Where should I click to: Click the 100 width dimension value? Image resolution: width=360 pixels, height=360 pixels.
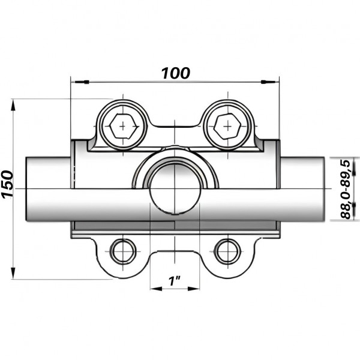click(x=175, y=73)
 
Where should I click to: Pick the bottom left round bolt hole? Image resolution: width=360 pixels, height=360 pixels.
click(x=123, y=251)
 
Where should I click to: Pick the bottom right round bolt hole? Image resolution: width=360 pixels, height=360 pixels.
click(x=227, y=251)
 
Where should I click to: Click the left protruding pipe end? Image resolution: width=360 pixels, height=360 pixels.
click(x=48, y=188)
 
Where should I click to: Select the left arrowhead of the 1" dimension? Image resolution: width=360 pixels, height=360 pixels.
click(x=154, y=288)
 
